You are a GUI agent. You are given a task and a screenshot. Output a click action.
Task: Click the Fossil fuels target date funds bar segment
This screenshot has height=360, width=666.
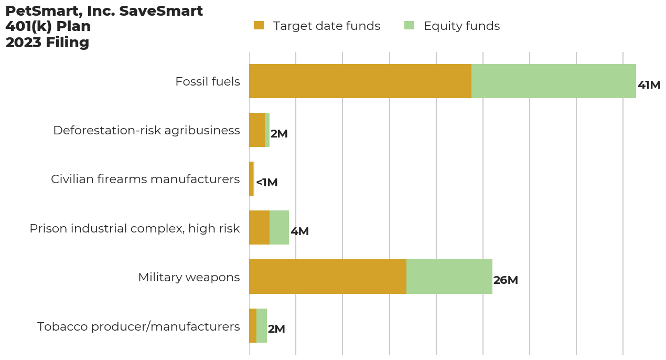[360, 81]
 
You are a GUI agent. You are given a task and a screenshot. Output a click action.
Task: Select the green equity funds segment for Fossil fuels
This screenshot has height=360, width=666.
[553, 81]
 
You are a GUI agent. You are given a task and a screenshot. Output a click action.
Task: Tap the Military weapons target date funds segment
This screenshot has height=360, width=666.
[327, 277]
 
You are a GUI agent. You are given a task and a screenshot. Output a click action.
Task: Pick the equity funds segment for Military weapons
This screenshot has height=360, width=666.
[449, 277]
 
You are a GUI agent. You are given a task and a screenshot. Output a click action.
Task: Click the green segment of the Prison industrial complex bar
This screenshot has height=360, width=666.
[279, 228]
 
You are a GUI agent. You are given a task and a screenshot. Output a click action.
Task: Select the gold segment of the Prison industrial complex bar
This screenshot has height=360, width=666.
[259, 228]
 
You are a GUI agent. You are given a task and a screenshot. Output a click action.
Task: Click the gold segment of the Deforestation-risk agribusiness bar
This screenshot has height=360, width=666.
[256, 130]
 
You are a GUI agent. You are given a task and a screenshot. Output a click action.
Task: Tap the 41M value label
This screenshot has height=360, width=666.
[649, 85]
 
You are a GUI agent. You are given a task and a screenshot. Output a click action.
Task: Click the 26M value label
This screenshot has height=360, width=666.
[506, 280]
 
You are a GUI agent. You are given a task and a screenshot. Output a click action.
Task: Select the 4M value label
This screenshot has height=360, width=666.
[299, 231]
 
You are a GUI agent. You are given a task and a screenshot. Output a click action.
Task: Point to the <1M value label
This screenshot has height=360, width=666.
[266, 183]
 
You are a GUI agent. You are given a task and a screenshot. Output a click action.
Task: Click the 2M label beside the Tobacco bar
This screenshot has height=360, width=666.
[276, 329]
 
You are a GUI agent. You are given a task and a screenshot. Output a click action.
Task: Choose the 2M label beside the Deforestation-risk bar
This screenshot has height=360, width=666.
[279, 134]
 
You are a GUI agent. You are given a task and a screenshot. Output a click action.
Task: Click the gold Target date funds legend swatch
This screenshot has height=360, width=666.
[259, 26]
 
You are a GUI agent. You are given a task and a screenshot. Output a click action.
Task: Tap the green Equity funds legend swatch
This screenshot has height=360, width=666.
[409, 26]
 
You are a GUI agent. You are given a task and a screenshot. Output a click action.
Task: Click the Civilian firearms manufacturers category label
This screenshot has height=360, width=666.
[145, 179]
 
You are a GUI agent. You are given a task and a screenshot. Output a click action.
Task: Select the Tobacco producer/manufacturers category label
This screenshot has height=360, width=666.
[138, 326]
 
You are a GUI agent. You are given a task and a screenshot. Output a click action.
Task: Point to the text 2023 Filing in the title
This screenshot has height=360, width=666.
[47, 43]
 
